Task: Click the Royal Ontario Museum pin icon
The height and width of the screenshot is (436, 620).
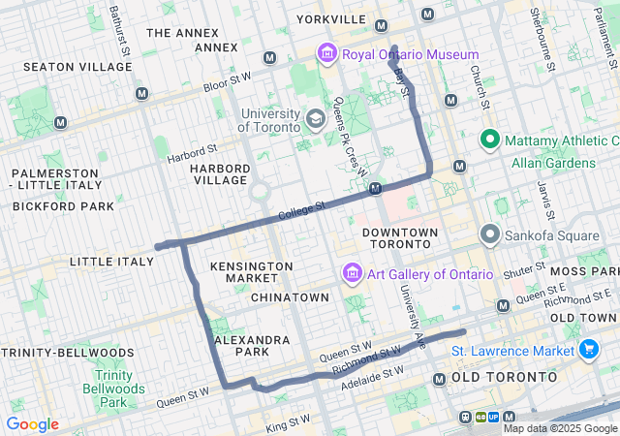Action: tap(326, 53)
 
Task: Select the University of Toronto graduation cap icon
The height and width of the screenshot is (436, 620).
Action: tap(315, 118)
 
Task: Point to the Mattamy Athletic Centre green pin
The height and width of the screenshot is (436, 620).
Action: tap(490, 141)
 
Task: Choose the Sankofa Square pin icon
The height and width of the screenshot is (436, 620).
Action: tap(490, 234)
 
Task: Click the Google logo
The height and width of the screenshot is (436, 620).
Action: tap(32, 424)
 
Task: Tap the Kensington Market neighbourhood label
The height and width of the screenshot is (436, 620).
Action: tap(251, 272)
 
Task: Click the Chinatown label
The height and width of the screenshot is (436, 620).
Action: tap(290, 296)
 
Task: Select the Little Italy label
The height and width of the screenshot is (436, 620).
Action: tap(111, 262)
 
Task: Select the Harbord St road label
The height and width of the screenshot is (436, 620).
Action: tap(192, 152)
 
